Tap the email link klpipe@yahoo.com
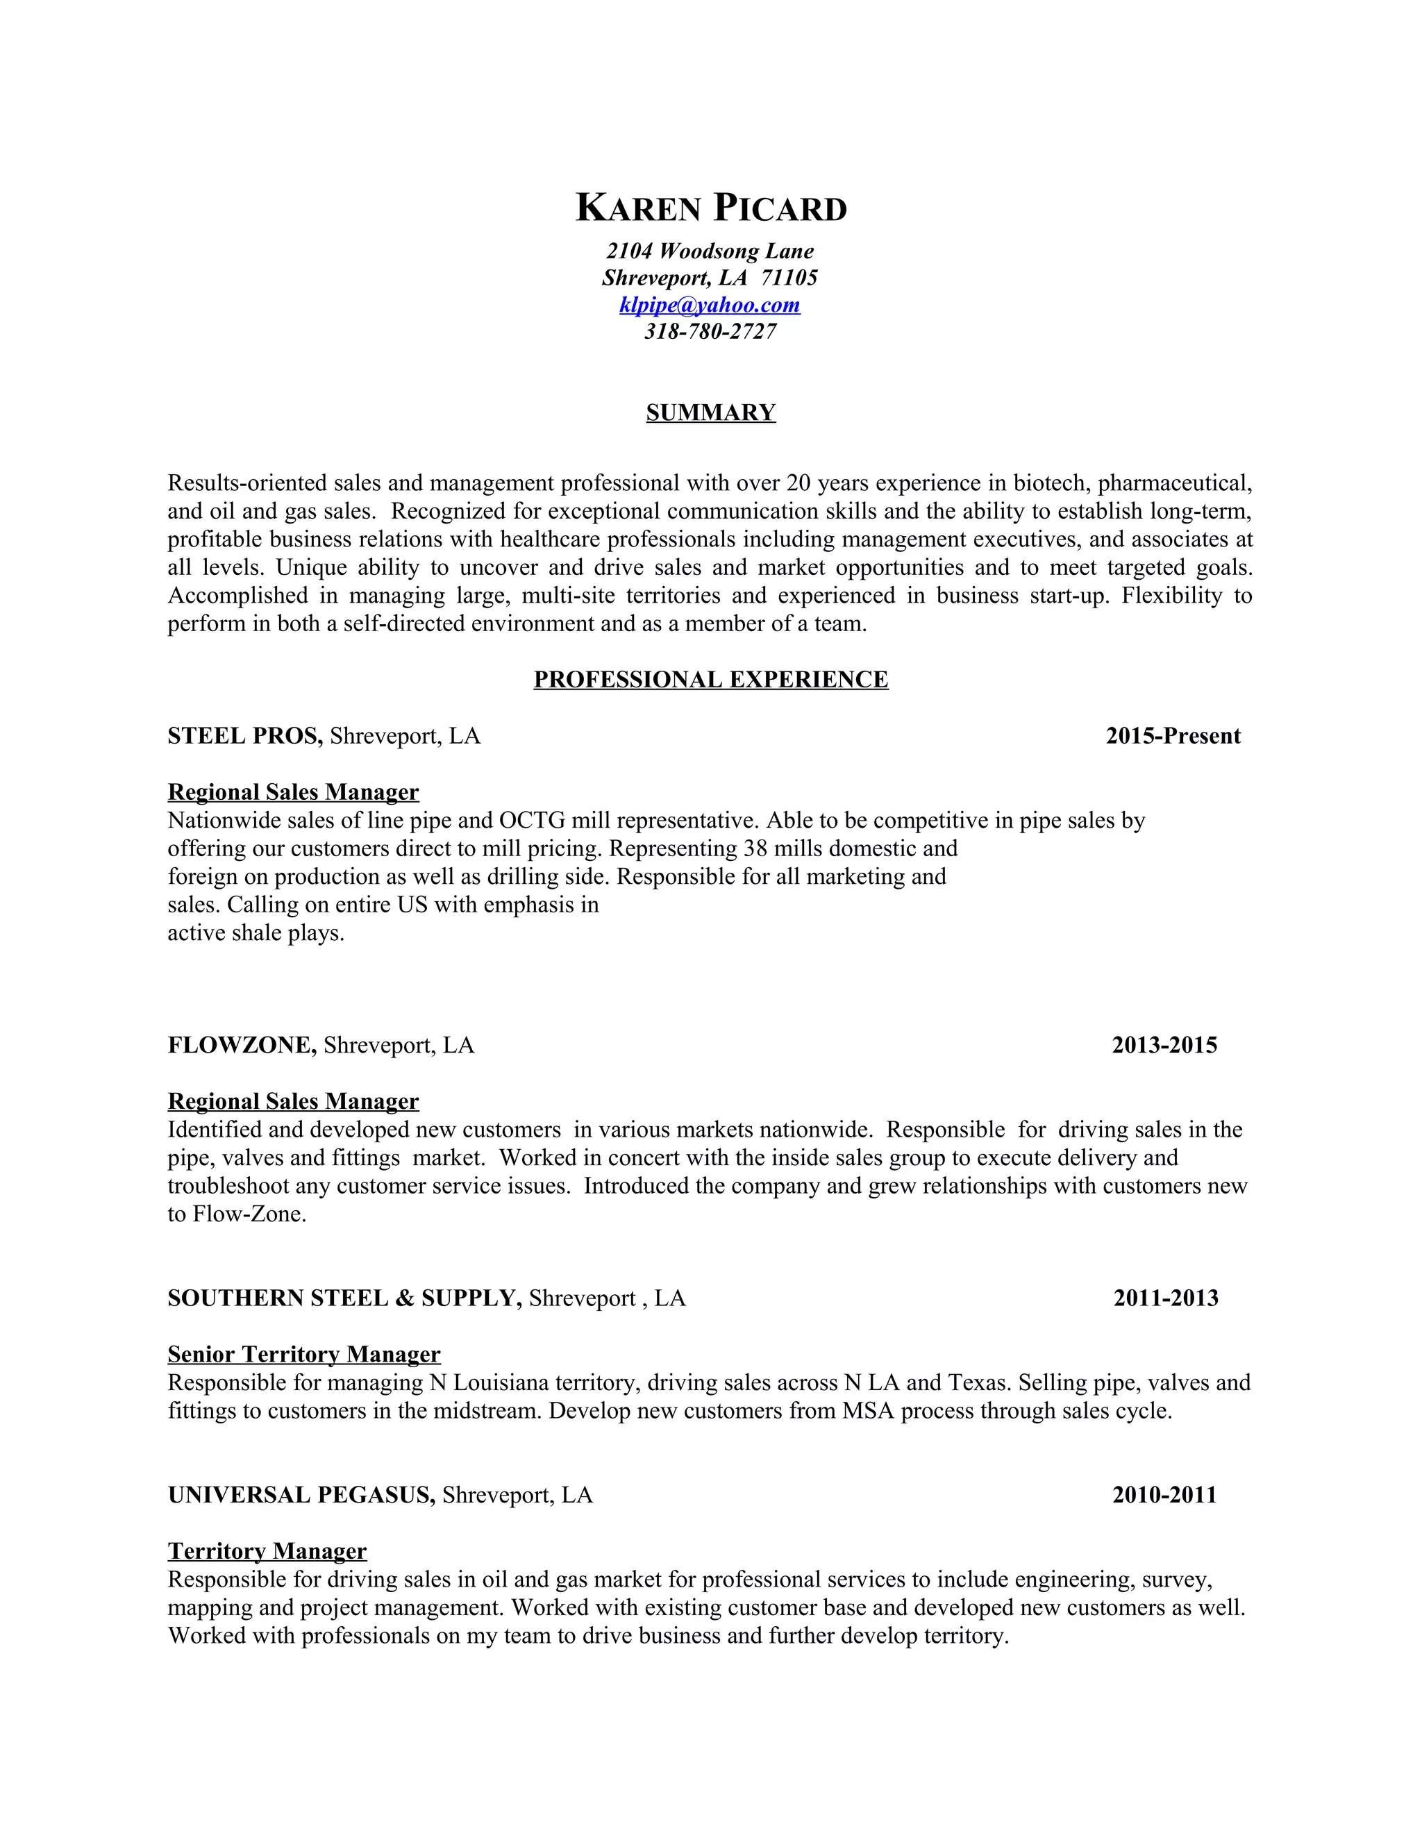(x=710, y=305)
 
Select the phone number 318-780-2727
(x=710, y=332)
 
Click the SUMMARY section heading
(x=710, y=413)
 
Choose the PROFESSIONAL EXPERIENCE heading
(x=710, y=680)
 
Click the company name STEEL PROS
(x=244, y=736)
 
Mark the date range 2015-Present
(x=1173, y=736)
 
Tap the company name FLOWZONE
(x=242, y=1046)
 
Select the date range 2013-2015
(x=1164, y=1046)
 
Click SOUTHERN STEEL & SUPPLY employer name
(x=344, y=1298)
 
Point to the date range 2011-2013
(x=1166, y=1298)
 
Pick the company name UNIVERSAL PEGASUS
(x=301, y=1496)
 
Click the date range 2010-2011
(x=1164, y=1496)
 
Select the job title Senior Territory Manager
(x=303, y=1355)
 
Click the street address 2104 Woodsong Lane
(x=710, y=251)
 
